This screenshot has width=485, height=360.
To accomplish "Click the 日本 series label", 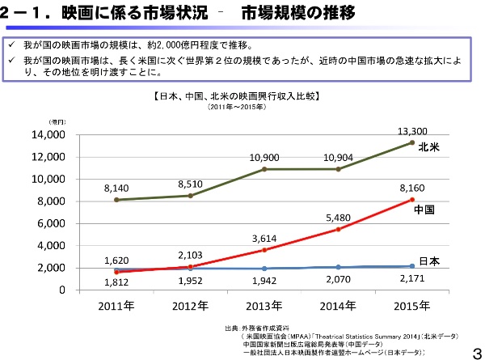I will [429, 260].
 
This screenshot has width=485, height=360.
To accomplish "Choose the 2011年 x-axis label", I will [116, 306].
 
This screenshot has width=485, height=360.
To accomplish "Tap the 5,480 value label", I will [338, 218].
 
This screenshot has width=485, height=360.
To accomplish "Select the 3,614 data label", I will [264, 239].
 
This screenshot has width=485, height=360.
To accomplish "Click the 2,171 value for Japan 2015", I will [412, 279].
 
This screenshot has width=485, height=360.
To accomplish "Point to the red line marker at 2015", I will [412, 200].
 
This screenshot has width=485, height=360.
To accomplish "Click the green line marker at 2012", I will [190, 196].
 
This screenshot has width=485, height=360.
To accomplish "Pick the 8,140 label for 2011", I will [116, 188].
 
